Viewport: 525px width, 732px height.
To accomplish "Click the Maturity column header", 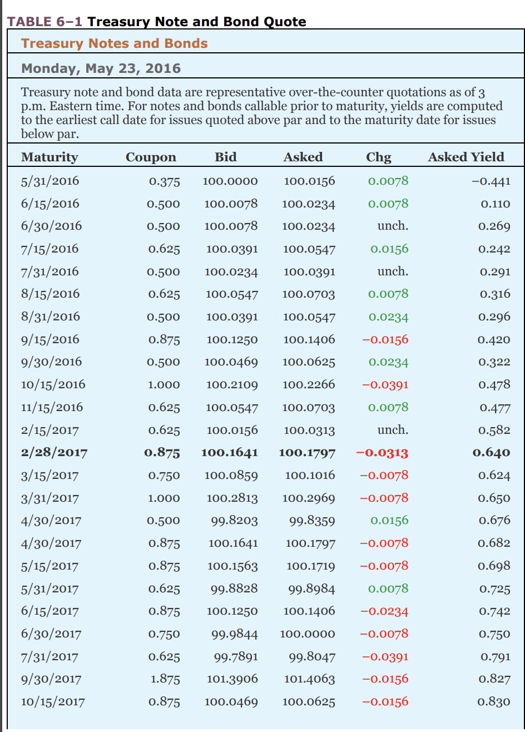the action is pos(49,157).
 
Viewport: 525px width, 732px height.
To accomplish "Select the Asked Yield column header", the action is pos(466,157).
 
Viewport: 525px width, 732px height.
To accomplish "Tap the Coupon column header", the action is pos(151,158).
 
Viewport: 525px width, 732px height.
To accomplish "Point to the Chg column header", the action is pos(379,157).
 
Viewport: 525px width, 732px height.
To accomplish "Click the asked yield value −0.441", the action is pos(491,181).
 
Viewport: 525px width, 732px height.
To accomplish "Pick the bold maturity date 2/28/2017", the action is pos(55,453).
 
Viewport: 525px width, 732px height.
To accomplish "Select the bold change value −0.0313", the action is pos(382,453).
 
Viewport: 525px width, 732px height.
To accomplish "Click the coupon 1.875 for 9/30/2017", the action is pos(165,679).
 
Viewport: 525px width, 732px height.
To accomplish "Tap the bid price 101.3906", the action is pos(232,679).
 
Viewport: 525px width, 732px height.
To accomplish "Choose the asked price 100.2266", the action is pos(309,384).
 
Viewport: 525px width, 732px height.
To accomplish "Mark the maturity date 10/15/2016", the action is pos(53,384).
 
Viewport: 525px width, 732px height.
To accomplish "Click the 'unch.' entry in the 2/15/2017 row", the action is pos(393,430).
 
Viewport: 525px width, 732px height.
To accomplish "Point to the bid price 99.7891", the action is pos(236,657).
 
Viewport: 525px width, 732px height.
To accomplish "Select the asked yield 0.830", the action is pos(494,702).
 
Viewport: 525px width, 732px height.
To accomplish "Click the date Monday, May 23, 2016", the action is pos(101,68).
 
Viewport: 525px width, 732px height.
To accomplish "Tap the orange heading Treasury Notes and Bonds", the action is pos(115,43).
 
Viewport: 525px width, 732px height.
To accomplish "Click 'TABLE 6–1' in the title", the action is pos(44,22).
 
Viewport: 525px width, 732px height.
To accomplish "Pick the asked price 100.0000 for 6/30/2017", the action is pos(308,634).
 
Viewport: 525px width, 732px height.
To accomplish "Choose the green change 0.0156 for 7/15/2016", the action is pos(389,249).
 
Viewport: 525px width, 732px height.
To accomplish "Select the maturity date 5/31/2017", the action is pos(49,589).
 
